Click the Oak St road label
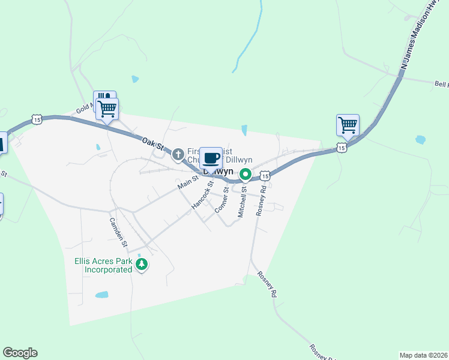[153, 145]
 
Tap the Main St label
[188, 183]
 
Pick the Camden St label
[118, 232]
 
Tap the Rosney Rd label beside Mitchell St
[260, 200]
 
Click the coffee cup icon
[211, 158]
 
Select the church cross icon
[178, 155]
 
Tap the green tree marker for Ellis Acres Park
[142, 265]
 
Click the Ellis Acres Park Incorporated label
[103, 265]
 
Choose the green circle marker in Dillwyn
[246, 175]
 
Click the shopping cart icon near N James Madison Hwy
[348, 125]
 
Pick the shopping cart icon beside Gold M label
[107, 109]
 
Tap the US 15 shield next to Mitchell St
[265, 175]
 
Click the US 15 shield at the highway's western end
[37, 120]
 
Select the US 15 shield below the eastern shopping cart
[342, 147]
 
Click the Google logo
[20, 353]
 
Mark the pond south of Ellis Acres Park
[102, 295]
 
